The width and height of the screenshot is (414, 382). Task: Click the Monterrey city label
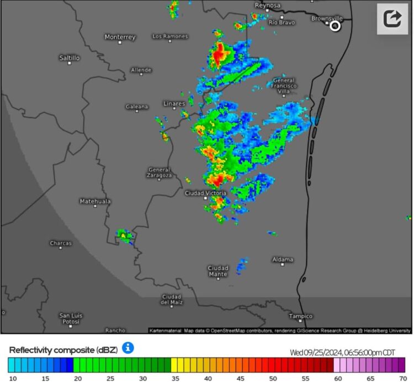pyautogui.click(x=120, y=37)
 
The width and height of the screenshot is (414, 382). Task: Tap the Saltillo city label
pyautogui.click(x=70, y=57)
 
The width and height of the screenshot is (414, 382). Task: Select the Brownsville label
pyautogui.click(x=327, y=18)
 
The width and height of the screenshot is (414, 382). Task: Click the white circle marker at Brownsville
pyautogui.click(x=335, y=26)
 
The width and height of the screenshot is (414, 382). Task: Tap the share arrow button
pyautogui.click(x=392, y=19)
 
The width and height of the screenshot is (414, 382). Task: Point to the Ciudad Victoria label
pyautogui.click(x=205, y=193)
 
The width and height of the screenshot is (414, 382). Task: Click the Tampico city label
pyautogui.click(x=301, y=316)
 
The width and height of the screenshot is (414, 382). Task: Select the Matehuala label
pyautogui.click(x=95, y=201)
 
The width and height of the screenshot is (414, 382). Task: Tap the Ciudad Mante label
pyautogui.click(x=218, y=271)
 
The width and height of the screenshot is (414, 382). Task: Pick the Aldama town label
pyautogui.click(x=283, y=259)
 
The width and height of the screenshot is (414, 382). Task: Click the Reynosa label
pyautogui.click(x=268, y=6)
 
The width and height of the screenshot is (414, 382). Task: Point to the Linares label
pyautogui.click(x=174, y=103)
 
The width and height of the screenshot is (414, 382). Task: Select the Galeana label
pyautogui.click(x=137, y=107)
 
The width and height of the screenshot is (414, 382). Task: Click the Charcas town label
pyautogui.click(x=61, y=243)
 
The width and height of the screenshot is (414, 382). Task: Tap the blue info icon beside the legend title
pyautogui.click(x=128, y=348)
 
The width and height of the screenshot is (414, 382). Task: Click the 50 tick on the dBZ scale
pyautogui.click(x=273, y=378)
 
